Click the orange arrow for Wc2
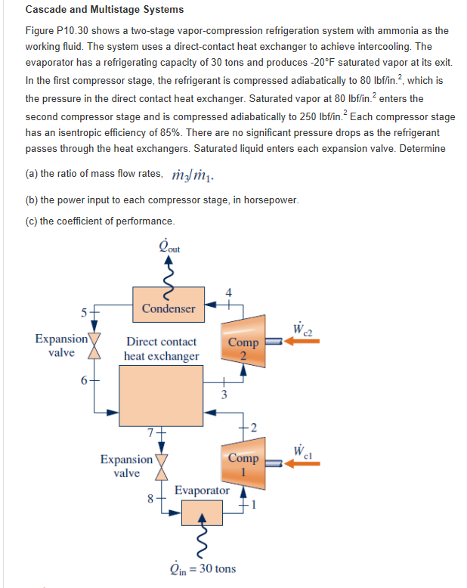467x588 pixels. tap(302, 342)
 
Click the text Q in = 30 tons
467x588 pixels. tap(202, 568)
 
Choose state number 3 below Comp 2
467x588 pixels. tap(223, 395)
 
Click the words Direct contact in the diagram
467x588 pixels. tap(162, 342)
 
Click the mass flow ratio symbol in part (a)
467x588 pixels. tap(185, 174)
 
